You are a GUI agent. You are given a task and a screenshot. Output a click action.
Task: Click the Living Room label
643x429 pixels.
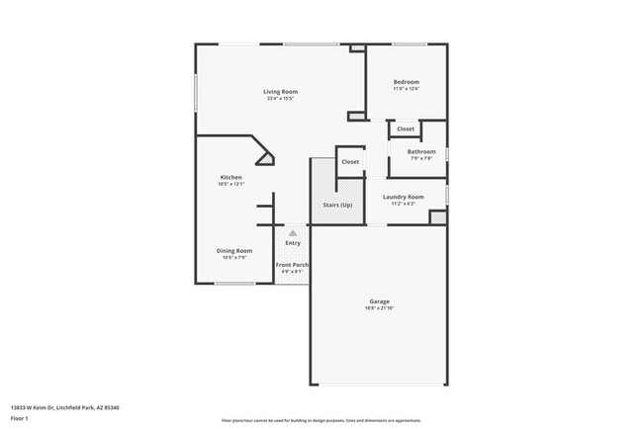coord(280,92)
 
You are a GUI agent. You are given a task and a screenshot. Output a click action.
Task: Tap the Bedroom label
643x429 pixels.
coord(406,82)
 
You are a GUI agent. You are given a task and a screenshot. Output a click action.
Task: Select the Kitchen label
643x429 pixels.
coord(230,178)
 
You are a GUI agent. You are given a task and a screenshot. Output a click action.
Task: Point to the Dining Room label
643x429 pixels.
coord(234,250)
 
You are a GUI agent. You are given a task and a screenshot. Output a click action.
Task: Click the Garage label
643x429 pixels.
coord(380,301)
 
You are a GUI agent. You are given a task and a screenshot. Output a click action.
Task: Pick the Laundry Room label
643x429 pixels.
coord(404,197)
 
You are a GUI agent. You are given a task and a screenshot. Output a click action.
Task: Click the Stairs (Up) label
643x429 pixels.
coord(337,205)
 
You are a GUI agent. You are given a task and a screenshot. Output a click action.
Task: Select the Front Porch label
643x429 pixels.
coord(292,265)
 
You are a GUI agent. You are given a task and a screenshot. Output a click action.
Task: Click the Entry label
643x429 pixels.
coord(293,243)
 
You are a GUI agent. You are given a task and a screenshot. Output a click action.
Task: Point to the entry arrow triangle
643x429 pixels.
coord(293,232)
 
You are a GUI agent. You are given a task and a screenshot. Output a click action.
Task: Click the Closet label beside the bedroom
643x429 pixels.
coord(406,129)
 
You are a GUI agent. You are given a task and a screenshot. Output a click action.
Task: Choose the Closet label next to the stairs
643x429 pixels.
coord(350,162)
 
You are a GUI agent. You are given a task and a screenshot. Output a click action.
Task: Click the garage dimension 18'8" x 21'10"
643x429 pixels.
coord(380,308)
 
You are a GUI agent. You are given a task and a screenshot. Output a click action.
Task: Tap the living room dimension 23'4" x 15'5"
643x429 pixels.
coord(280,99)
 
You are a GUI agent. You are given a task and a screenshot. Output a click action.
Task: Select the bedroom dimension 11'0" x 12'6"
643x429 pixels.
coord(406,89)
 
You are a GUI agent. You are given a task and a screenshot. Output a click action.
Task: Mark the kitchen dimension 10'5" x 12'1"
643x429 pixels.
coord(230,185)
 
